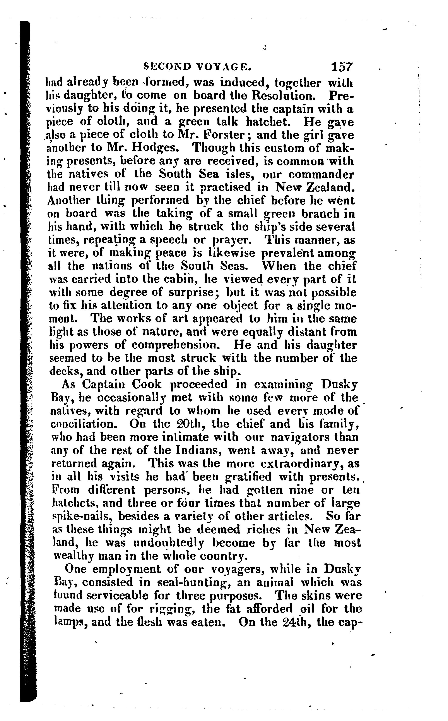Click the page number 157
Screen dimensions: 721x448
coord(341,66)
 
